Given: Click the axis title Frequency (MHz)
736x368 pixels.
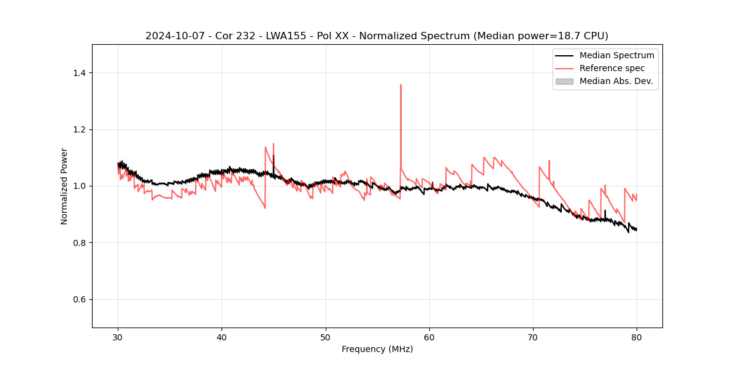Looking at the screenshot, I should pyautogui.click(x=377, y=349).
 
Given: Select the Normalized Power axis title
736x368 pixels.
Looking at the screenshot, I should pyautogui.click(x=64, y=186).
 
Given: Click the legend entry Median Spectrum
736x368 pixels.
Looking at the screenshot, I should pyautogui.click(x=616, y=56).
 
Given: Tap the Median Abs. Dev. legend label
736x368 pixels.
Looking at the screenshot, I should pyautogui.click(x=616, y=81).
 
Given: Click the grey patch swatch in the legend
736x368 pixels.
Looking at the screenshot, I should pyautogui.click(x=564, y=81).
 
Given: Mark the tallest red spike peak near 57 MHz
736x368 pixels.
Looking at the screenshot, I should pyautogui.click(x=401, y=85).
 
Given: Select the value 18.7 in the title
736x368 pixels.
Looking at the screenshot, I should pyautogui.click(x=562, y=36).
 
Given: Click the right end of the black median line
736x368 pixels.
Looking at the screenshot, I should pyautogui.click(x=637, y=229).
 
